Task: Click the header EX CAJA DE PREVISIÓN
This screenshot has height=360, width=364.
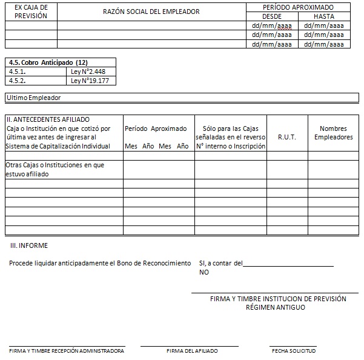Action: pyautogui.click(x=31, y=12)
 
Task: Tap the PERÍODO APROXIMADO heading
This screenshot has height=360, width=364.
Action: pyautogui.click(x=298, y=7)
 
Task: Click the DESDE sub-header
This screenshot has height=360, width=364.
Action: pyautogui.click(x=271, y=16)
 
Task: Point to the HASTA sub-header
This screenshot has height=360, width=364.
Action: pyautogui.click(x=324, y=16)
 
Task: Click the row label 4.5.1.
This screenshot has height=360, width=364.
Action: pyautogui.click(x=18, y=72)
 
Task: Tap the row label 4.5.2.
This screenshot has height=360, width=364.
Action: pyautogui.click(x=18, y=81)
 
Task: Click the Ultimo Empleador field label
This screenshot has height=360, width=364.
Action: pyautogui.click(x=34, y=98)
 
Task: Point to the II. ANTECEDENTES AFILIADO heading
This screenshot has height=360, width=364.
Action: pyautogui.click(x=48, y=119)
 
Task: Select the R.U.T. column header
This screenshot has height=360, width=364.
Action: pyautogui.click(x=287, y=138)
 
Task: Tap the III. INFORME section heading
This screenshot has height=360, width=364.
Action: pyautogui.click(x=29, y=245)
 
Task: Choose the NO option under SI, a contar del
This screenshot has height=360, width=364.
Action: pyautogui.click(x=204, y=272)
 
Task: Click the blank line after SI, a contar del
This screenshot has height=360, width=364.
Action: pyautogui.click(x=288, y=264)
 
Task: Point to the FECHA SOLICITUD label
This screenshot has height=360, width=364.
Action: pyautogui.click(x=294, y=351)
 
